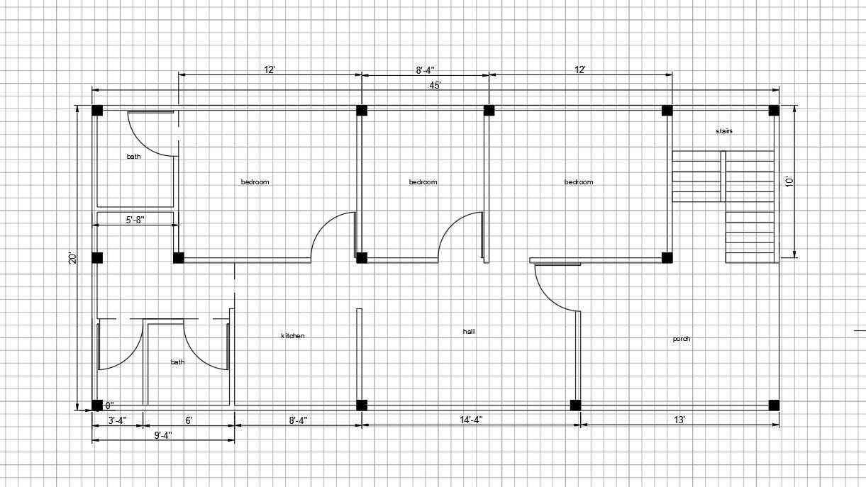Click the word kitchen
coord(293,336)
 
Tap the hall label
coord(469,332)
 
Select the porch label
coord(681,339)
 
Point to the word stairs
coord(723,131)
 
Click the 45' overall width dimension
coord(435,85)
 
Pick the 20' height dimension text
coord(73,258)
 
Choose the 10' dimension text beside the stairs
coord(789,181)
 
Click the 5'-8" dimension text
coord(135,220)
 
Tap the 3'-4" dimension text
coord(117,420)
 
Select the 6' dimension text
coord(189,420)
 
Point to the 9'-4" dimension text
coord(162,435)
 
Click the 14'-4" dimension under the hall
coord(471,420)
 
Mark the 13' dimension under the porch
coord(679,420)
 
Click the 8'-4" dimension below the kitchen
coord(298,420)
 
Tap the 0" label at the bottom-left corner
coord(110,405)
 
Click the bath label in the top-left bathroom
coord(134,157)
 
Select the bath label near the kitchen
coord(177,362)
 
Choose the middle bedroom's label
coord(423,182)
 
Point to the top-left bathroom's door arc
coord(142,142)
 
